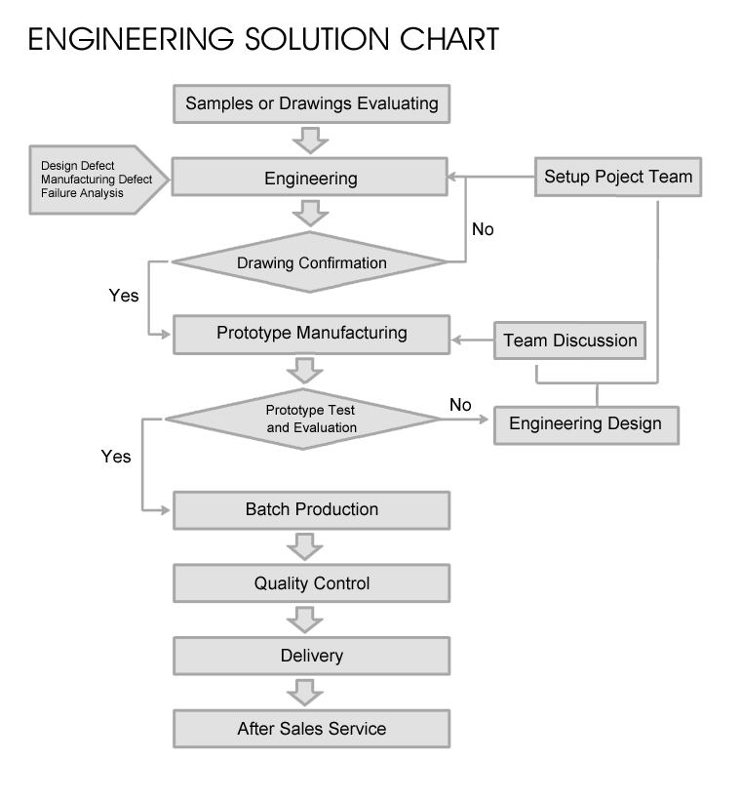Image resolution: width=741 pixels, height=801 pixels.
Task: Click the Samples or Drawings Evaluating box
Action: [x=312, y=102]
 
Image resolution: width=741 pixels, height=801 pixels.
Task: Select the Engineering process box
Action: [x=311, y=179]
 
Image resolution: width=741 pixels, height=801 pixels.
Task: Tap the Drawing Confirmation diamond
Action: [x=311, y=262]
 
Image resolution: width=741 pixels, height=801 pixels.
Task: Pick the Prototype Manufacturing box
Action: [x=311, y=334]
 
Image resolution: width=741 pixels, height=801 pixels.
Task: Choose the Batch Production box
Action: [x=311, y=509]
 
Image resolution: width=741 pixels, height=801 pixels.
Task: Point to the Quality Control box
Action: [x=311, y=583]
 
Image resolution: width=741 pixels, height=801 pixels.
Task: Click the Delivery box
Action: [x=311, y=656]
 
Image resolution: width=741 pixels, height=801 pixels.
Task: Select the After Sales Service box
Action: [x=311, y=729]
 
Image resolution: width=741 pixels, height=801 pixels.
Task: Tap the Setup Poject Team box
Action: [x=617, y=177]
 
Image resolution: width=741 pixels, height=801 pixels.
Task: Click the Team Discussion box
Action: [x=570, y=340]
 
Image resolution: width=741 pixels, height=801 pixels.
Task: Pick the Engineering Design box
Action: [x=585, y=423]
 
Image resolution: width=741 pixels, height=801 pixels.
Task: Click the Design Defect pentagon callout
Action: [x=88, y=180]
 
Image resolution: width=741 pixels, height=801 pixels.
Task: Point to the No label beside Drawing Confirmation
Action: [x=483, y=230]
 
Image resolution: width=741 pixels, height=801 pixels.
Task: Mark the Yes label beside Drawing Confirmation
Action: [x=124, y=295]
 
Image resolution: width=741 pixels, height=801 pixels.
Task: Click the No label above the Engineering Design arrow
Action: [x=460, y=404]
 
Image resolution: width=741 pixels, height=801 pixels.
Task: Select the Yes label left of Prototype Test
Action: [x=116, y=456]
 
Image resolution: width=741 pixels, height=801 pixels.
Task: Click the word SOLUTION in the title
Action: [x=312, y=39]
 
